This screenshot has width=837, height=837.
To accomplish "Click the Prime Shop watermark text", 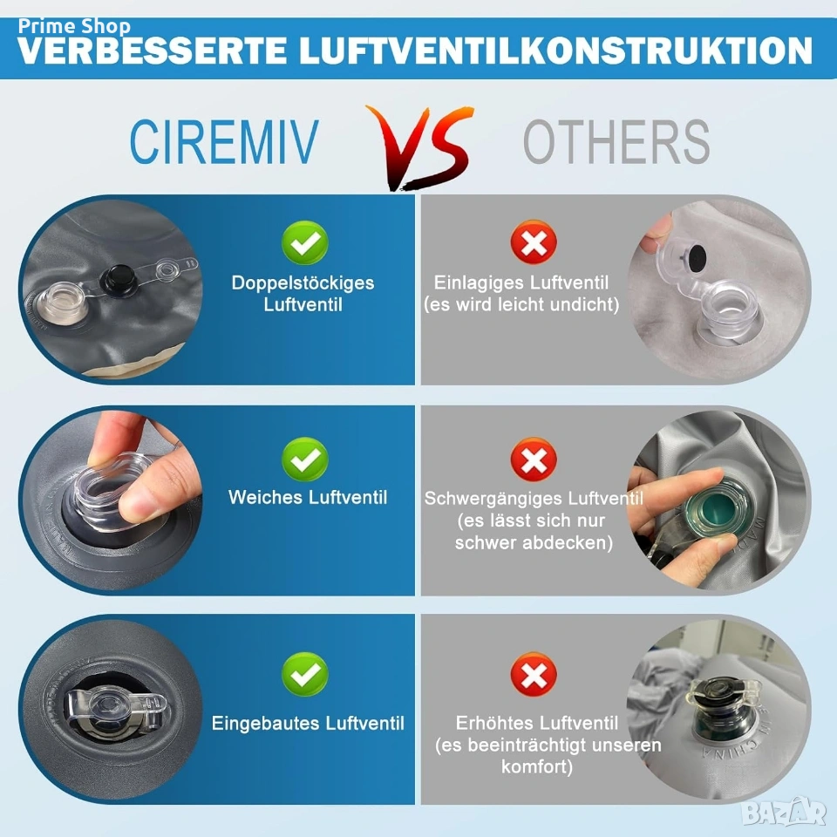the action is [x=74, y=26].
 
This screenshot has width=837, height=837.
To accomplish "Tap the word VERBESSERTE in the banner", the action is [x=152, y=51].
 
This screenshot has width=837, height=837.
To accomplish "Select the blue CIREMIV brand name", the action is [x=224, y=141].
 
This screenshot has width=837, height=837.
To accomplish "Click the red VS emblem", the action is [x=420, y=147].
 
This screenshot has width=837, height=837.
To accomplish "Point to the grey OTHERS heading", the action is [x=616, y=141].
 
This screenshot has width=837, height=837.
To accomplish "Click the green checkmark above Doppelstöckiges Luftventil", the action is [x=305, y=243].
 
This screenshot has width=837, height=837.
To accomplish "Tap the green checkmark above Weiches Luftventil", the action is [x=305, y=459].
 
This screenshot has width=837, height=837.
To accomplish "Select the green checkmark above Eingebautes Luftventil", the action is [x=305, y=674].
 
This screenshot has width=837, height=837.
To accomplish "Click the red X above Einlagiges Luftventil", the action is [x=534, y=243].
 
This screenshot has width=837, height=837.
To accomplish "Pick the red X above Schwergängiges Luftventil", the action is [x=534, y=459].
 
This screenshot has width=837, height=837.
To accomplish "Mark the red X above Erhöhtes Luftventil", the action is [x=534, y=674].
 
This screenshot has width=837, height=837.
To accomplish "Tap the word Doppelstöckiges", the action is [x=303, y=283].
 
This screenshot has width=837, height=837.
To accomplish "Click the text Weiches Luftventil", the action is [x=308, y=498].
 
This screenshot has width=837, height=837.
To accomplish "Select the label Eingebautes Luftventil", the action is [x=308, y=724].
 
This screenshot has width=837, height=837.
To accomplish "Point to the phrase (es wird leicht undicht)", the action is [x=521, y=305].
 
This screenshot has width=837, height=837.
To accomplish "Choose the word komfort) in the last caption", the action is [x=536, y=767].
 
